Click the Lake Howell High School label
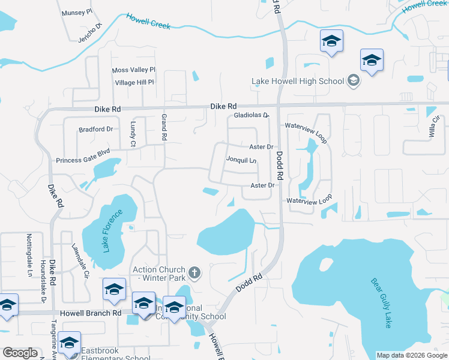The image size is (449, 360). (297, 81)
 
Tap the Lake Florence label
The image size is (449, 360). (112, 230)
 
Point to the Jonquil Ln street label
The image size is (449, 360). (241, 160)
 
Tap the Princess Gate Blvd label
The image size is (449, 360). (83, 160)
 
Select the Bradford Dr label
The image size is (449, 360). (96, 129)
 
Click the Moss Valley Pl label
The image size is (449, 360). (134, 70)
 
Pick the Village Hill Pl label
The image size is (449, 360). (134, 82)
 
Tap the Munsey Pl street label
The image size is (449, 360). (77, 11)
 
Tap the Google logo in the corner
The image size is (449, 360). (20, 353)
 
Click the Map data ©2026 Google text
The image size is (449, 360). (411, 355)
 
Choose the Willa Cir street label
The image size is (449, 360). (431, 128)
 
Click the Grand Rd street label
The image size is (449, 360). (163, 128)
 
